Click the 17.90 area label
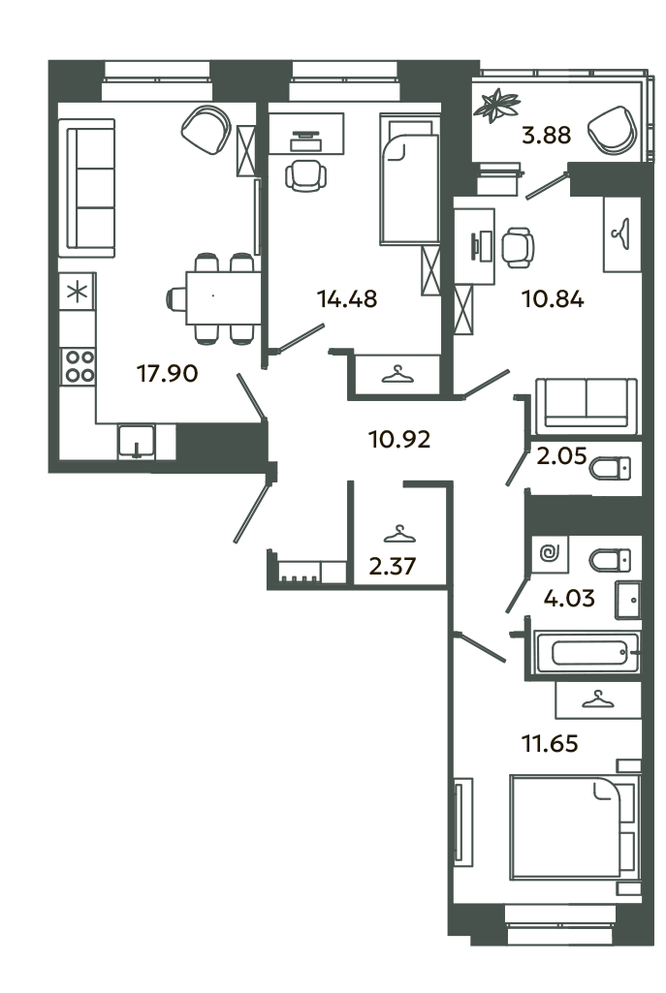click(x=168, y=373)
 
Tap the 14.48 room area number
click(x=346, y=298)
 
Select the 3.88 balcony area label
click(x=546, y=137)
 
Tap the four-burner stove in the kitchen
click(x=79, y=366)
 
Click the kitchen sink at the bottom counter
click(x=136, y=442)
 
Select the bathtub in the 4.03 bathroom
click(x=587, y=650)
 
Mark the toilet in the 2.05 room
click(x=611, y=469)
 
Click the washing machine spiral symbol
click(x=550, y=555)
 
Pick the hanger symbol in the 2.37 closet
click(x=398, y=533)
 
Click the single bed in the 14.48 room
click(x=409, y=184)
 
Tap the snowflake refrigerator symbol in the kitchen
click(x=78, y=291)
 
